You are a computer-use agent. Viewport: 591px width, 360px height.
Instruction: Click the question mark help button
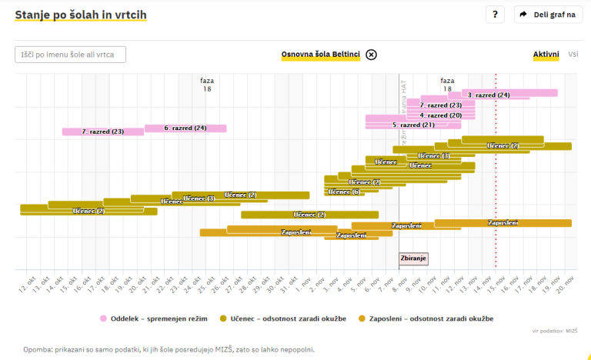[496, 15]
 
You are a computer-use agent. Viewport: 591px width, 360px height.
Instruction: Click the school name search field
[70, 55]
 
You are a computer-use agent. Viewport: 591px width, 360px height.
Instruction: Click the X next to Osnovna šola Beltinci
[371, 55]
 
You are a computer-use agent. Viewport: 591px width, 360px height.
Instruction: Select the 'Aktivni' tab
[546, 55]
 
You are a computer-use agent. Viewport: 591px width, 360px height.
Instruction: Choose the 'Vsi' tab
[573, 55]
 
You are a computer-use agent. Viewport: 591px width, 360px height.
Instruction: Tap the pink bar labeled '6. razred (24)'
[185, 128]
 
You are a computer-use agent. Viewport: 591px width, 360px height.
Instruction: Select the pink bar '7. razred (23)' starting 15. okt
[102, 132]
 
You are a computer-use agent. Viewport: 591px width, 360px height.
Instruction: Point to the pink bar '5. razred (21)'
[413, 124]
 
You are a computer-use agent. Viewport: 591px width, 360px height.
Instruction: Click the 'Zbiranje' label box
[413, 258]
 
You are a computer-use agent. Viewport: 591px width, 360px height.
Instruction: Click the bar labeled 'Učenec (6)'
[344, 192]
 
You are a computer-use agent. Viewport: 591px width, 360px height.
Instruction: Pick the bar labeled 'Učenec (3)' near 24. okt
[200, 198]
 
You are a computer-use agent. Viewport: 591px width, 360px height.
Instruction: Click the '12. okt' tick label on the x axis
[24, 285]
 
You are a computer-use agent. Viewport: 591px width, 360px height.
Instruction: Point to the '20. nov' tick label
[568, 285]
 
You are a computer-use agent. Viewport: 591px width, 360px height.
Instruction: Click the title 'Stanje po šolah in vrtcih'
[81, 15]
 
